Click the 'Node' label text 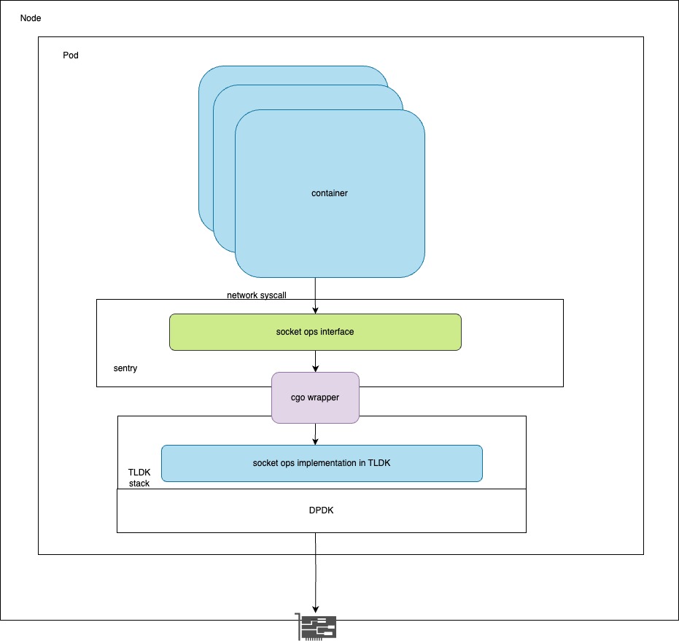click(31, 18)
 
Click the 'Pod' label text click(71, 55)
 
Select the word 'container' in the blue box click(329, 193)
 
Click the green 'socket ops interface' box click(315, 332)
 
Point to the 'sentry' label click(125, 368)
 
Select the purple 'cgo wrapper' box click(315, 397)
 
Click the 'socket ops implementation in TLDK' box click(322, 463)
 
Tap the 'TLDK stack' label click(139, 478)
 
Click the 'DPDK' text click(321, 511)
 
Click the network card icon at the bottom click(317, 626)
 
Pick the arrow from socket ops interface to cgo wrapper click(315, 361)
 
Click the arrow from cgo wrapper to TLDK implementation click(315, 434)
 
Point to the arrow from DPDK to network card click(315, 572)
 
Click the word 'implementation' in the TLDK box click(321, 463)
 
